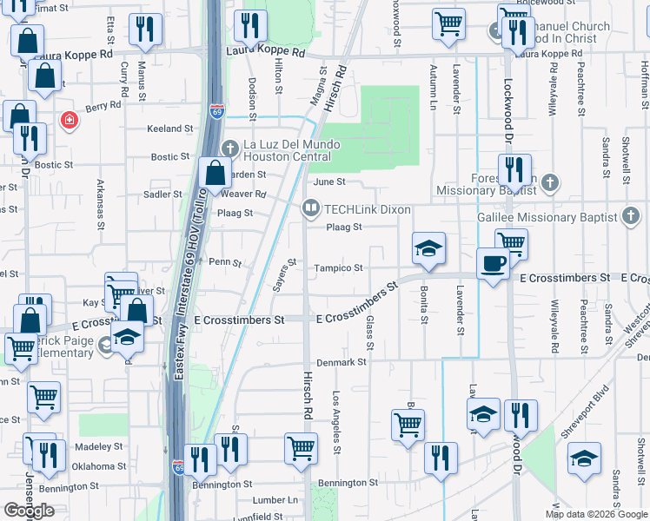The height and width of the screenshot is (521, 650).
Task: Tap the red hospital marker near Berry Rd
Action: tap(66, 120)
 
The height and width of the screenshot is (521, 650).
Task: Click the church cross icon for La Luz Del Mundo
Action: tap(230, 144)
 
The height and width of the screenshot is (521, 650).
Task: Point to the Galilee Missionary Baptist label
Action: tap(547, 216)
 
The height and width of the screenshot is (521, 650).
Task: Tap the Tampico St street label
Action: tap(338, 268)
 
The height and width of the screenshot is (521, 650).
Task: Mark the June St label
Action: tap(329, 182)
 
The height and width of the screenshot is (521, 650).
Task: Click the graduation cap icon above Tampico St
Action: tap(428, 248)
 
